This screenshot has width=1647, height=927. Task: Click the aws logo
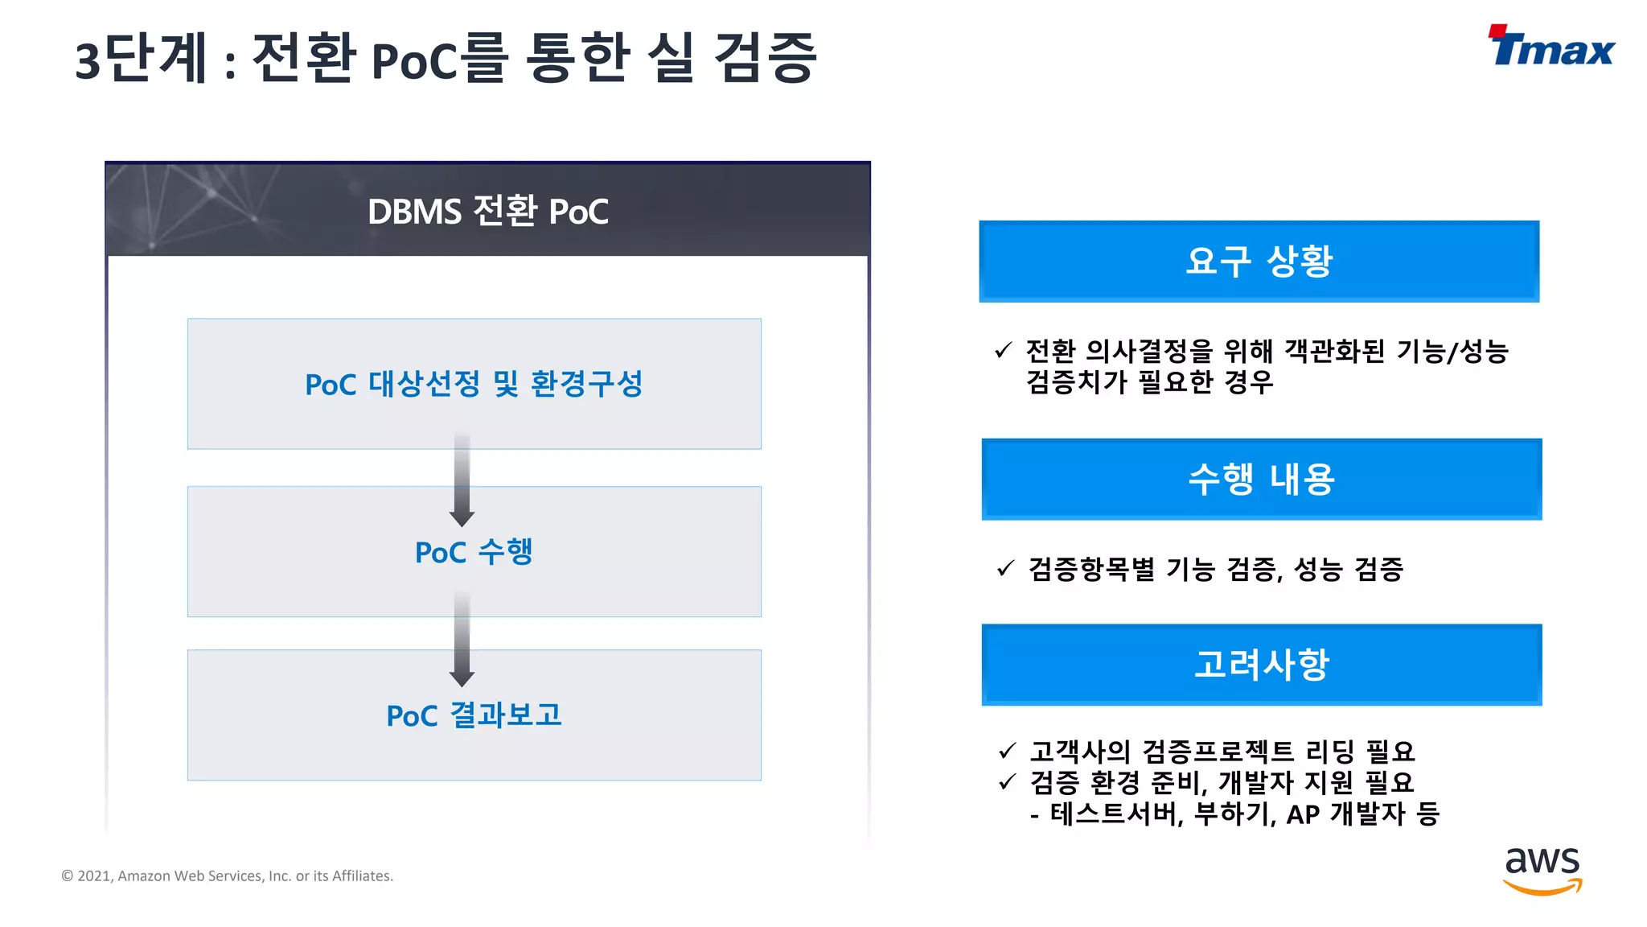[x=1542, y=870]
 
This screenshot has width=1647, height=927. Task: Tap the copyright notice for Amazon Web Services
[x=228, y=875]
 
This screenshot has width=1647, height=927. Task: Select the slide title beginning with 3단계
[x=446, y=58]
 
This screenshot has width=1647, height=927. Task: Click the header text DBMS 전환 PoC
[x=487, y=212]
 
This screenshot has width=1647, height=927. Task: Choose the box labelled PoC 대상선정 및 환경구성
[x=474, y=384]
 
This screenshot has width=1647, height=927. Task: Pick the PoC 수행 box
[x=474, y=552]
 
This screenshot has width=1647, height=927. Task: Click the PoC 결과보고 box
[x=474, y=715]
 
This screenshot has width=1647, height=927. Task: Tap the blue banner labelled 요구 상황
[x=1259, y=262]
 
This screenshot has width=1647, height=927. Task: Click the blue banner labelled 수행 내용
[x=1261, y=480]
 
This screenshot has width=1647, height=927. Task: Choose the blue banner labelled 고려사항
[x=1261, y=665]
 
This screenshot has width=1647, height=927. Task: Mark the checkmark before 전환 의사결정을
[x=1003, y=350]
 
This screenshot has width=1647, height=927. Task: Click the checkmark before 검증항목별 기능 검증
[x=1005, y=568]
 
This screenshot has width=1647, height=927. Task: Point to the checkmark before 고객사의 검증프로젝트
[x=1007, y=751]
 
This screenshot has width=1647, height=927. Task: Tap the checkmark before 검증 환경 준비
[x=1007, y=781]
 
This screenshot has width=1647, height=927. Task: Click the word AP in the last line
[x=1303, y=814]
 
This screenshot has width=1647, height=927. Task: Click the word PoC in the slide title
[x=415, y=60]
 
